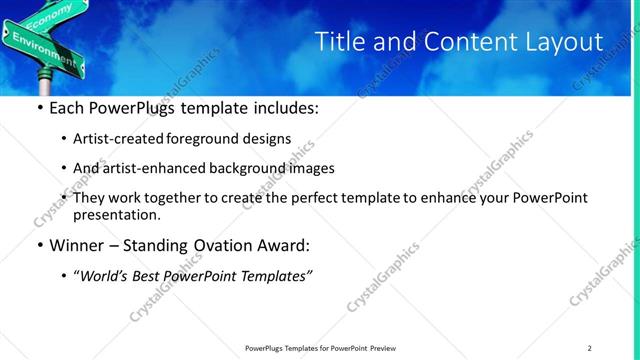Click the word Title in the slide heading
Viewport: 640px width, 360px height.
[x=340, y=42]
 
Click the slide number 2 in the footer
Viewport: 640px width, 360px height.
[x=590, y=348]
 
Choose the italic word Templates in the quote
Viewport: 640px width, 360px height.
[x=274, y=275]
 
